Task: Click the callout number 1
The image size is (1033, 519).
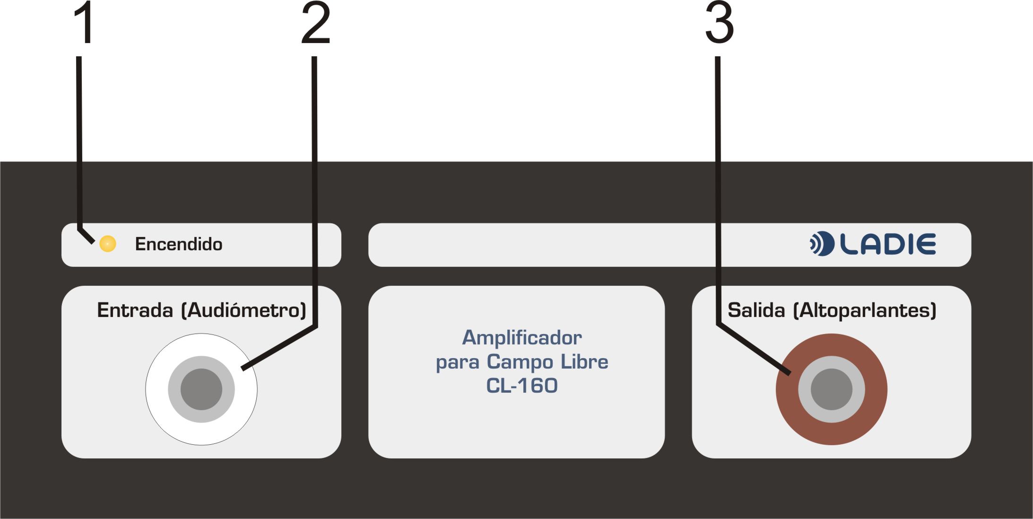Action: [84, 22]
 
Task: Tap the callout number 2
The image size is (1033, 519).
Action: [316, 22]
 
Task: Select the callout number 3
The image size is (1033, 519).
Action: [720, 22]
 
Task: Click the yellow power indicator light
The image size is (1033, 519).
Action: [108, 244]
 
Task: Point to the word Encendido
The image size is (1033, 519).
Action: [179, 244]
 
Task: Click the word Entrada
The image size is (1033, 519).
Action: [135, 310]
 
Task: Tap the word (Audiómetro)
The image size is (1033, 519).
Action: [244, 311]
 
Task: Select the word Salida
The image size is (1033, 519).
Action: [756, 310]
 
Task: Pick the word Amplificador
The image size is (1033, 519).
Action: [522, 338]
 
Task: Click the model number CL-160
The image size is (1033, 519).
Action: [522, 386]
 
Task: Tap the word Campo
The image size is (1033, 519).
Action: [520, 362]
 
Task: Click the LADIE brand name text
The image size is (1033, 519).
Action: [888, 244]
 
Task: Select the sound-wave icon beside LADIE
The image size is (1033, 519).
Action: [822, 244]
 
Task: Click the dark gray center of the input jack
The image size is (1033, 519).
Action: [201, 389]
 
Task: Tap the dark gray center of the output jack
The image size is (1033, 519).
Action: [832, 389]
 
